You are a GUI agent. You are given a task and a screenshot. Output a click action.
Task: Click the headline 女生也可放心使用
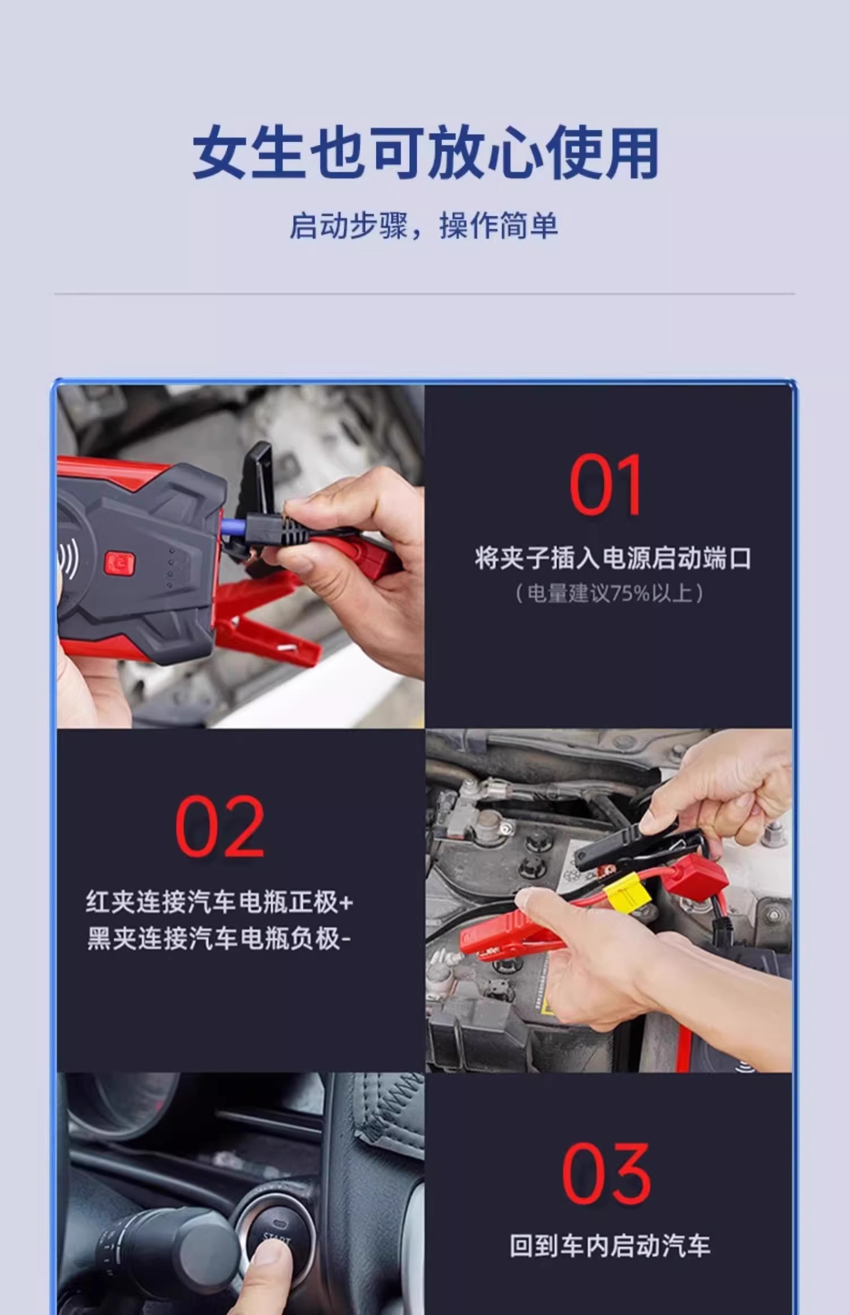[426, 153]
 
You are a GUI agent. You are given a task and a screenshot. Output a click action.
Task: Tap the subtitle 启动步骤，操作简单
[424, 225]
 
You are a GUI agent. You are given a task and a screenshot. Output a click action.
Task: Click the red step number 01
[606, 485]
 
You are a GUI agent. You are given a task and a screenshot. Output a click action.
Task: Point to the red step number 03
[606, 1173]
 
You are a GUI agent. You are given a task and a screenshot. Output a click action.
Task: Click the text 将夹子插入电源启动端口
[613, 558]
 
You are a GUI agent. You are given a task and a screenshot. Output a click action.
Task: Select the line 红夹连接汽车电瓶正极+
[220, 903]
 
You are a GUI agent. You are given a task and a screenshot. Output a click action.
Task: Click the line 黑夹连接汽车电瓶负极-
[219, 939]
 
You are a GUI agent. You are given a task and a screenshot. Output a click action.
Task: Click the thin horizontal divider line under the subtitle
[424, 294]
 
